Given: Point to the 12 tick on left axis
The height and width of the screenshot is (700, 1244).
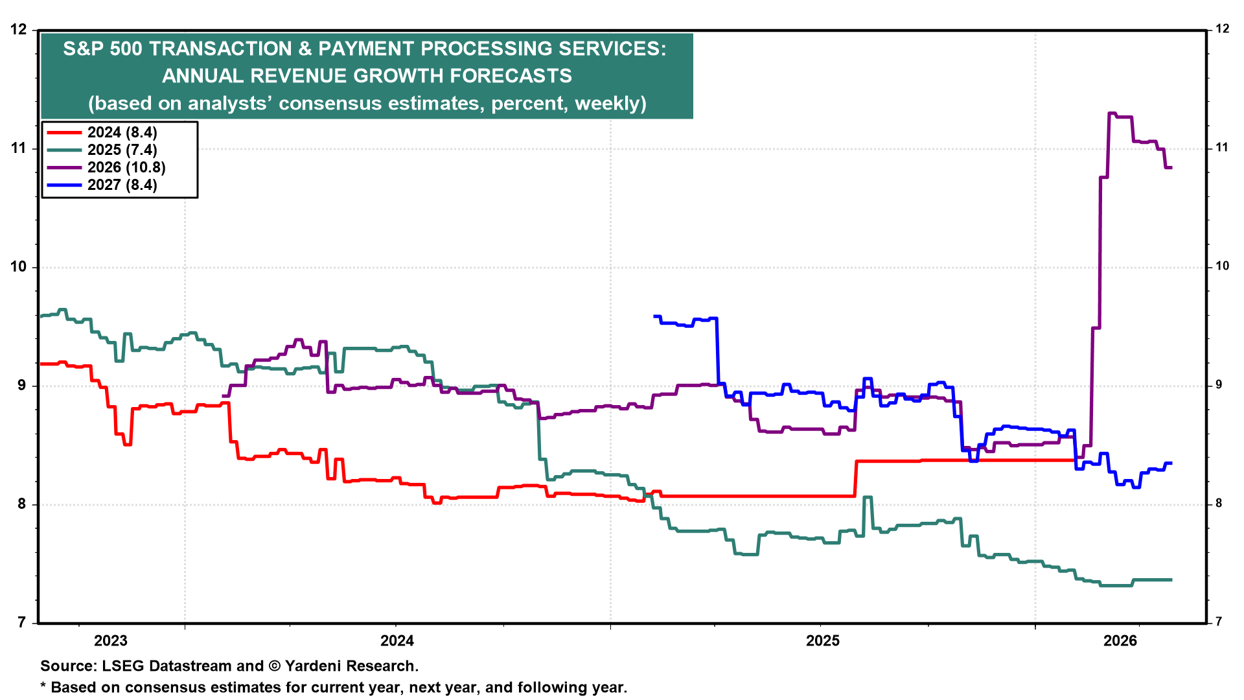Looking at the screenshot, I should click(x=19, y=30).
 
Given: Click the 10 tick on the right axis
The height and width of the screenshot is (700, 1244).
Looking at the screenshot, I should click(x=1222, y=266).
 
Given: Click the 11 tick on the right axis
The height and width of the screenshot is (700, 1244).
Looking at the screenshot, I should click(x=1222, y=148).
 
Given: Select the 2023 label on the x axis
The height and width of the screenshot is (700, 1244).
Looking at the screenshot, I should click(x=111, y=641).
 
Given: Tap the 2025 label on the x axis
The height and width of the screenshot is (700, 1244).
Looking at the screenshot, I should click(x=822, y=641).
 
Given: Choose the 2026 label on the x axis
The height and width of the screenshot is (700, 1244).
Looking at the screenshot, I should click(x=1120, y=641).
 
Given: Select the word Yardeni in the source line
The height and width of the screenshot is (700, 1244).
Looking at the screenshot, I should click(x=314, y=666).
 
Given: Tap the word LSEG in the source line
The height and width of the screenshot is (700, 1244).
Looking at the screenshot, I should click(x=122, y=666).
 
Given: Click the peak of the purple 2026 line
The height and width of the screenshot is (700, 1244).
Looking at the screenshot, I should click(x=1112, y=113).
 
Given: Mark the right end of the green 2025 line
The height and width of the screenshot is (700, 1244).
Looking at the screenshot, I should click(x=1171, y=579).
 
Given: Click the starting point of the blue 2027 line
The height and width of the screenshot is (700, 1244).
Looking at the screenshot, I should click(x=654, y=316).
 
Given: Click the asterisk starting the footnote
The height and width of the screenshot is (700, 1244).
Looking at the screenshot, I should click(x=43, y=686).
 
